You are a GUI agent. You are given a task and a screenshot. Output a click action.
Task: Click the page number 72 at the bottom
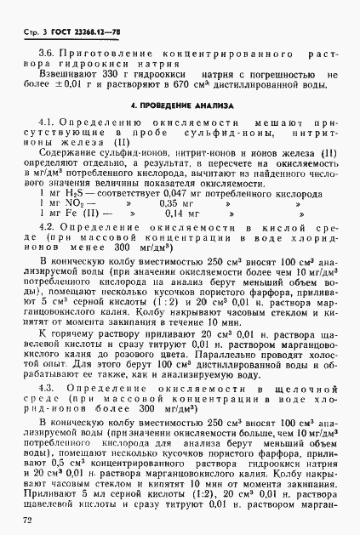[x=31, y=519]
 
